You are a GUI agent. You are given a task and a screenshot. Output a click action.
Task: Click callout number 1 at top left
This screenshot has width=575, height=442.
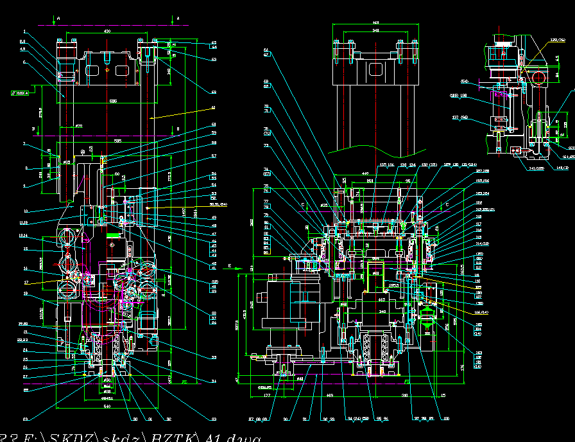coord(24,31)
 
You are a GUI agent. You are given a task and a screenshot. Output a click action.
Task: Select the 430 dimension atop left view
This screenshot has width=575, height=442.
coord(107,31)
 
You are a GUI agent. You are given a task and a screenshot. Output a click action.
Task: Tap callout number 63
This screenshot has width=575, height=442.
coord(214,59)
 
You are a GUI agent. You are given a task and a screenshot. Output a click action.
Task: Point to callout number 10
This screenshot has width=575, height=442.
coord(24,211)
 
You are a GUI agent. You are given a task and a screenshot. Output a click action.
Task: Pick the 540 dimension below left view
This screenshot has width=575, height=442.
coord(107,407)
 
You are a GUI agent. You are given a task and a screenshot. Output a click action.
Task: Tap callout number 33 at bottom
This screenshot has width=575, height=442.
coord(214,419)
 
